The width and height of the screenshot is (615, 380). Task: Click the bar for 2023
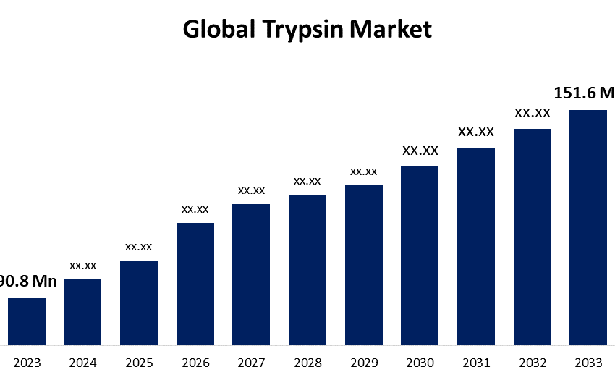coord(27,321)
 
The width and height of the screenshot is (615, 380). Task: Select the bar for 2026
coord(195,283)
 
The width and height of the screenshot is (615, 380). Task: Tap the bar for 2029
coord(364,264)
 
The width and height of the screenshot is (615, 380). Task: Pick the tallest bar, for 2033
coord(588,227)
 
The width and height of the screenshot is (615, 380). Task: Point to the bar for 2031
coord(476,245)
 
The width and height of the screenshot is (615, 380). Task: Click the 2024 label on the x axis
coord(82,363)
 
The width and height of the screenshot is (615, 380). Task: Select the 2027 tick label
coord(251,363)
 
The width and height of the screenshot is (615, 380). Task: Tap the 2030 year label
coord(420,363)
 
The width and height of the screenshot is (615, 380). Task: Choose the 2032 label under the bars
coord(532,363)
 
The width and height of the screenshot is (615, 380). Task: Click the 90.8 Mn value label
coord(27,282)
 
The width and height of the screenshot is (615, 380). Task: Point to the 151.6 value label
coord(583,93)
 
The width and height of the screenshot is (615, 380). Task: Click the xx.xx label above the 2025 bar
coord(139,247)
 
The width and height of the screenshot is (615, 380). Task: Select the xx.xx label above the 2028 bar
coord(307,180)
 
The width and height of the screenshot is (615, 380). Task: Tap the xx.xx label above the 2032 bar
coord(533,113)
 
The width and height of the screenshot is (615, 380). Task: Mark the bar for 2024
coord(82,311)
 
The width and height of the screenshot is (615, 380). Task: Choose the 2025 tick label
coord(139,363)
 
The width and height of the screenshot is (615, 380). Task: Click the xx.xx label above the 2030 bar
coord(420,151)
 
